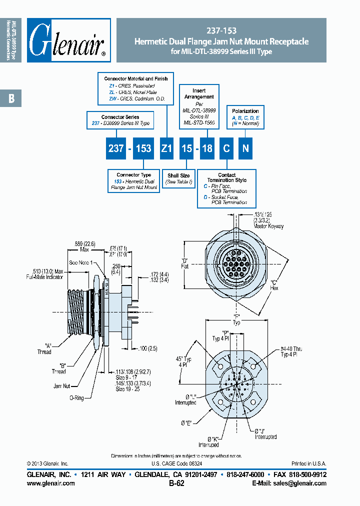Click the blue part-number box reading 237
[x=115, y=148]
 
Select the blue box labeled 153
[x=144, y=148]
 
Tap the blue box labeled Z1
[x=166, y=148]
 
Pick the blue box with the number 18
[x=206, y=148]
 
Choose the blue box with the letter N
[x=245, y=148]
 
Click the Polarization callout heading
[x=245, y=111]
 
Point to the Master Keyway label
[x=268, y=226]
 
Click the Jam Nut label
[x=62, y=386]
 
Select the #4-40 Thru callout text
[x=291, y=348]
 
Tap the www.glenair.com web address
[x=50, y=483]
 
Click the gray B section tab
[x=11, y=99]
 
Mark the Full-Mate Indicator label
[x=46, y=276]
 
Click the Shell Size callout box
[x=178, y=178]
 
